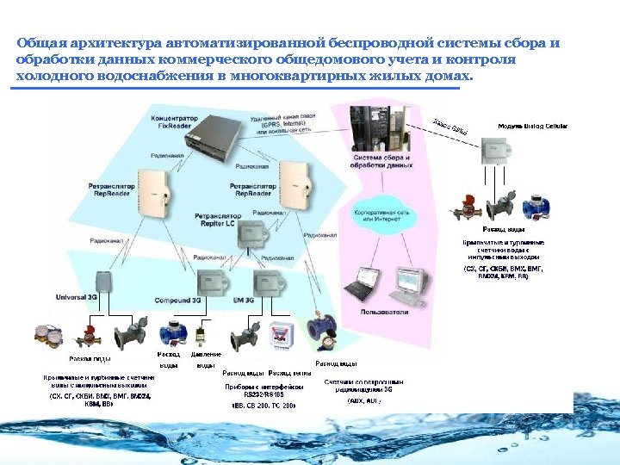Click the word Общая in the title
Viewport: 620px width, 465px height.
coord(40,43)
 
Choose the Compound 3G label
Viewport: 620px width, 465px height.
coord(178,301)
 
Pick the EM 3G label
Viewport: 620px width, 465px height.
coord(245,301)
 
